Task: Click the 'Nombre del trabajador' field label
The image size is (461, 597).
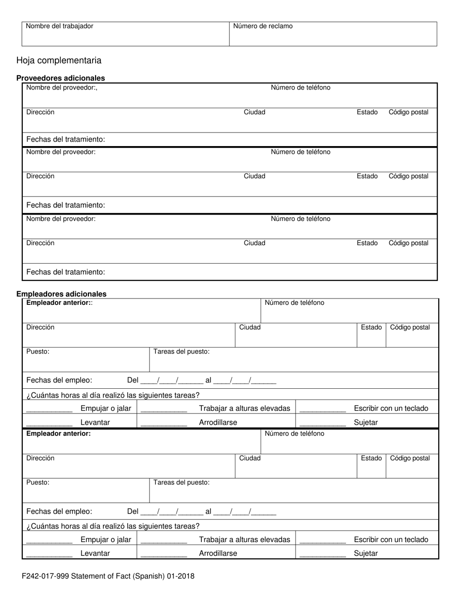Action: coord(59,26)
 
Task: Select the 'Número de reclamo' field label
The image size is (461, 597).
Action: coord(263,26)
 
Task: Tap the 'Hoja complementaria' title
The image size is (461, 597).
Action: coord(59,61)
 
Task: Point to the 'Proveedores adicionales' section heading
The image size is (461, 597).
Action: coord(61,78)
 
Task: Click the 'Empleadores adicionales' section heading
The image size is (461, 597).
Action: coord(61,294)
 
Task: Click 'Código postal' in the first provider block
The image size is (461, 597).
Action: coord(408,112)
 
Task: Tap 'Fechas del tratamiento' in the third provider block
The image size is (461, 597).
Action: coord(66,272)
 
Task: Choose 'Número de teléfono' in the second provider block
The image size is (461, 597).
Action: coord(300,152)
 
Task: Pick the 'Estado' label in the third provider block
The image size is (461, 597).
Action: coord(367,243)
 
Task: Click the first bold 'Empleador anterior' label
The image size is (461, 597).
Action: coord(59,303)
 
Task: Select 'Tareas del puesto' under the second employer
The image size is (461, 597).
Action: coord(181,482)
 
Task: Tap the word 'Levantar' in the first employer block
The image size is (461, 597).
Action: coord(95,422)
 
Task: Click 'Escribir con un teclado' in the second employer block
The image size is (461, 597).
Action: coord(391,539)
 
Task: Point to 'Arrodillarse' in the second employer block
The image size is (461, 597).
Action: coord(218,553)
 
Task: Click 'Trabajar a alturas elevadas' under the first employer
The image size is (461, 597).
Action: coord(244,408)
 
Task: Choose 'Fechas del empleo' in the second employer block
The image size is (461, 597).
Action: coord(59,511)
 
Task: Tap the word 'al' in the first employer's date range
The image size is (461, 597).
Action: coord(209,380)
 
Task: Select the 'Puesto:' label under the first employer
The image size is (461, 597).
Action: coord(38,351)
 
